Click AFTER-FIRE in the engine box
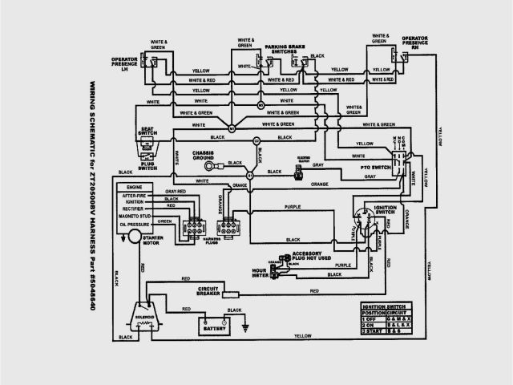138,195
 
